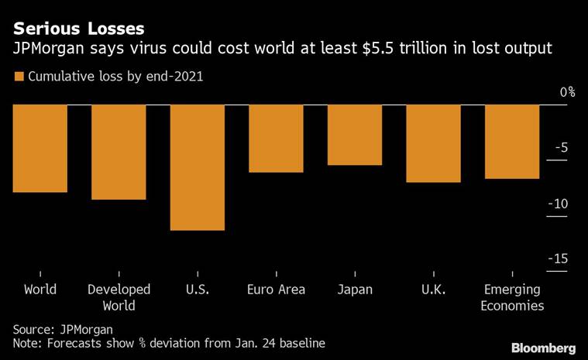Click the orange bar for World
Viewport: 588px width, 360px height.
click(40, 148)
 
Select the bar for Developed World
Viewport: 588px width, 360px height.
click(119, 152)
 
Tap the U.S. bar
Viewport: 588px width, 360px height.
click(197, 167)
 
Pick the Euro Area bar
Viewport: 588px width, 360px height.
click(276, 138)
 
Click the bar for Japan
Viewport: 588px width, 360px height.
click(355, 135)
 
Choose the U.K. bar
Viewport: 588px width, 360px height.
click(433, 143)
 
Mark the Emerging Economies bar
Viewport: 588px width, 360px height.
click(512, 142)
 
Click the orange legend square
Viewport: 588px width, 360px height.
click(19, 77)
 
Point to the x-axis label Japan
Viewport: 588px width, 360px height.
click(355, 290)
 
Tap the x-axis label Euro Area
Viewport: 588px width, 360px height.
click(276, 290)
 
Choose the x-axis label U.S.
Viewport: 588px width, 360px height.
click(197, 290)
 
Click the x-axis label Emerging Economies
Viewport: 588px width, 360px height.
click(513, 297)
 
